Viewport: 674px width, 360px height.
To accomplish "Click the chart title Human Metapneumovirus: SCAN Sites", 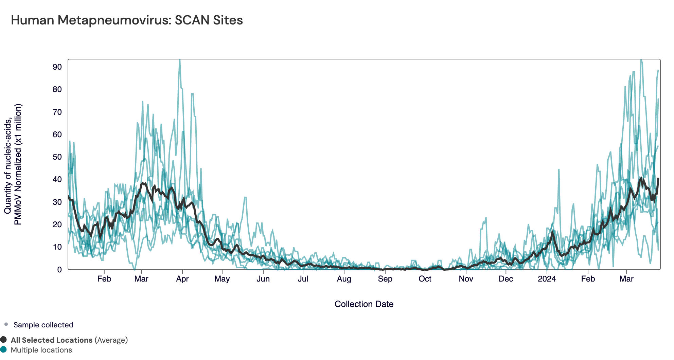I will pos(127,20).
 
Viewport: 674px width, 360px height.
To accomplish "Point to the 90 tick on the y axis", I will pos(57,67).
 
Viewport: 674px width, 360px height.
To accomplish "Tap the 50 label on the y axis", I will pos(57,157).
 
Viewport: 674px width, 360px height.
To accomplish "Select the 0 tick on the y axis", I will pos(59,270).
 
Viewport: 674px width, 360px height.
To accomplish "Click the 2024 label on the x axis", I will pos(547,279).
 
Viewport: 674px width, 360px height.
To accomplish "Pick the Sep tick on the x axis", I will pos(385,279).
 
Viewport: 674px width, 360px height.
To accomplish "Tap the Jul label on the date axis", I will pos(303,279).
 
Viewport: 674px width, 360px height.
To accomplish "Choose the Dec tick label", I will pos(505,279).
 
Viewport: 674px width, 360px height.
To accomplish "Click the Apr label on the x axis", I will pos(182,279).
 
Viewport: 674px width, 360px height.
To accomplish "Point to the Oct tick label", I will pos(425,279).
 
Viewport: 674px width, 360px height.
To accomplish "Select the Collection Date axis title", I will pos(364,304).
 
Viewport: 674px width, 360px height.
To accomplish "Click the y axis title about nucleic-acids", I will pos(13,164).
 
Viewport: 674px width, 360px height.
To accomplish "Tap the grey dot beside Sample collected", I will pos(6,324).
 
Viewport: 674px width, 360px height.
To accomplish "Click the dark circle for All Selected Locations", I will pos(4,340).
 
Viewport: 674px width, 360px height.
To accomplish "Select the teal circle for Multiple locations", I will pos(4,349).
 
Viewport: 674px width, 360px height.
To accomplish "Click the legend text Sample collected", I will pos(43,325).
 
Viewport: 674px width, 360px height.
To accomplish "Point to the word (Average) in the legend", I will pos(111,340).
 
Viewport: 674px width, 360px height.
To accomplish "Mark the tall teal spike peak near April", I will pos(180,61).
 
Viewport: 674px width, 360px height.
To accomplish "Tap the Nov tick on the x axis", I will pos(466,279).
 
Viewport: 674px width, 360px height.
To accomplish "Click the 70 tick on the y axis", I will pos(57,112).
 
